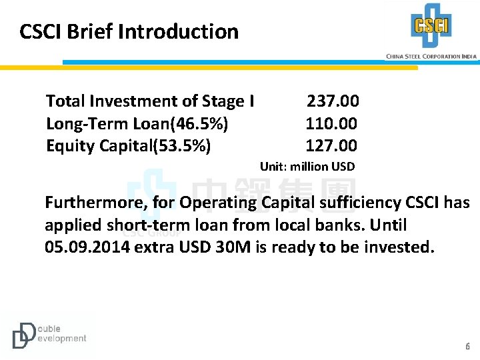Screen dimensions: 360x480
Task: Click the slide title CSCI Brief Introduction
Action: click(129, 31)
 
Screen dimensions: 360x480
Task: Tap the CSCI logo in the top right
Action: click(431, 26)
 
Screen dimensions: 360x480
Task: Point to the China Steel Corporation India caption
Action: click(431, 57)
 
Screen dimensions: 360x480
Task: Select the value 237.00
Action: click(332, 101)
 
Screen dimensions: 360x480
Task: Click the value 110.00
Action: click(331, 123)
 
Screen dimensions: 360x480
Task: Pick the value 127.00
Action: click(331, 145)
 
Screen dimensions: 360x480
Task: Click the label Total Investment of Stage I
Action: click(149, 101)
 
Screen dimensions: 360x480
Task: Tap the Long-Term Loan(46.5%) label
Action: click(137, 123)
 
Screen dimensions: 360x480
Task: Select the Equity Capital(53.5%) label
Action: click(128, 145)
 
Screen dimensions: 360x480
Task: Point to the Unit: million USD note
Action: click(307, 167)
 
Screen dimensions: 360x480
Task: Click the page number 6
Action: click(467, 347)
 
